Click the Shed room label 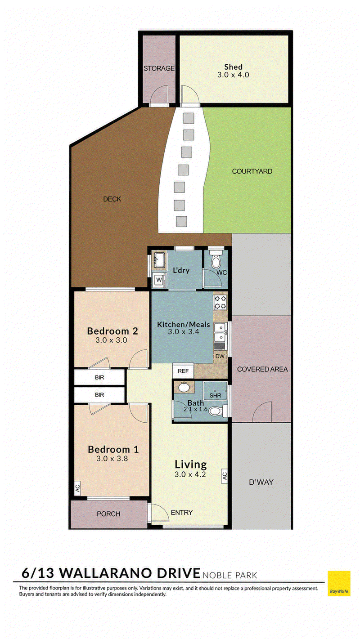(x=233, y=67)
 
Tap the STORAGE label (x=159, y=68)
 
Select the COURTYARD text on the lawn (x=252, y=171)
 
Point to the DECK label (x=112, y=199)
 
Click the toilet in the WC (x=215, y=260)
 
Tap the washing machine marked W (x=159, y=280)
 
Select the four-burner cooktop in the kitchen (x=220, y=302)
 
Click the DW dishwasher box (x=220, y=357)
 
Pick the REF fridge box (x=183, y=371)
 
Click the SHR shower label (x=215, y=396)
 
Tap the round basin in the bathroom (x=183, y=387)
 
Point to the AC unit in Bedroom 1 (x=77, y=489)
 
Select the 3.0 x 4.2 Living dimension (x=190, y=474)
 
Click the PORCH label (x=108, y=514)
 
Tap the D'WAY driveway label (x=261, y=483)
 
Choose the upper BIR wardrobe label (x=99, y=378)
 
